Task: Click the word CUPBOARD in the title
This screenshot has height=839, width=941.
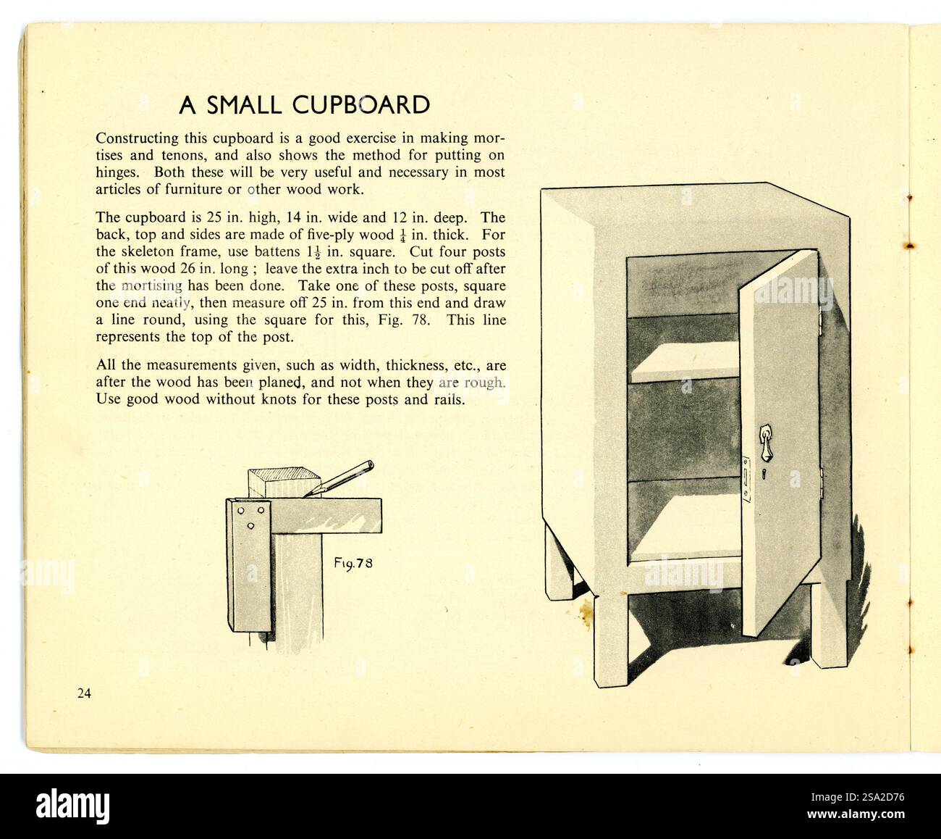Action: click(361, 105)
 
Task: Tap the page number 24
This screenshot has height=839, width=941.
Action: click(84, 693)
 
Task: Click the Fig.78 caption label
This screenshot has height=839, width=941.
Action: click(353, 564)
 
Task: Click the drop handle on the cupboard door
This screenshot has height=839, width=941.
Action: click(765, 441)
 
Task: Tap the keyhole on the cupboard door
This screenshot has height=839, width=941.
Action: click(764, 474)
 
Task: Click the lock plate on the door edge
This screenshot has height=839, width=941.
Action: click(746, 480)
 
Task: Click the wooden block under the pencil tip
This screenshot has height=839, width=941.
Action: click(284, 483)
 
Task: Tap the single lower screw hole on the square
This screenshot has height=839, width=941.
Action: click(250, 526)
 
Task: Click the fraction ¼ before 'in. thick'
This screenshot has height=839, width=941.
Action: click(402, 236)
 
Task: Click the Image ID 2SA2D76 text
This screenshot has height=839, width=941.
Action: click(858, 797)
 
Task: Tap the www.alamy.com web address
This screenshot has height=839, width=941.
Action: click(856, 814)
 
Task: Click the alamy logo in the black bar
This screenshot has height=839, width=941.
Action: click(73, 806)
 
